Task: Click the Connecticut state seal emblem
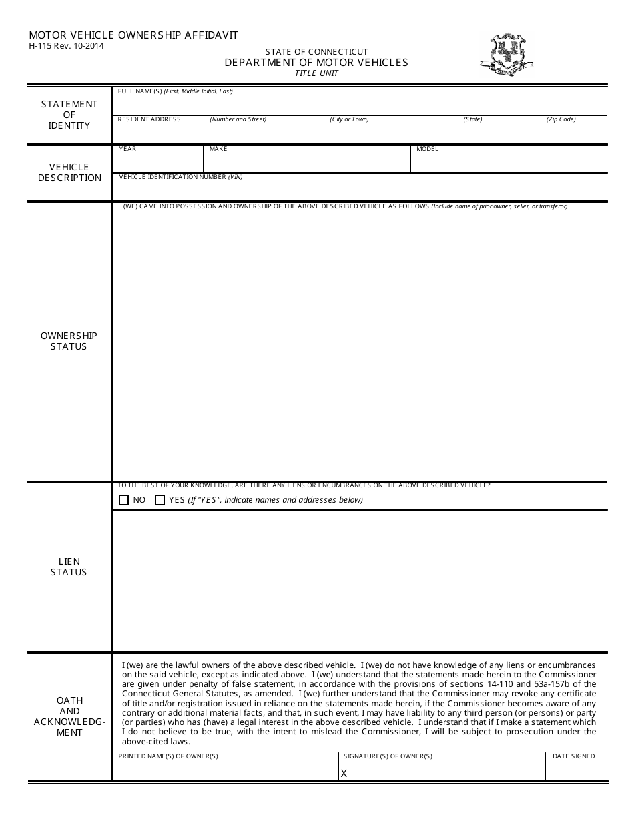(505, 55)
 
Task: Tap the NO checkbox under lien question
(123, 500)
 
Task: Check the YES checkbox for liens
(160, 500)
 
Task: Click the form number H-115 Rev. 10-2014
(66, 46)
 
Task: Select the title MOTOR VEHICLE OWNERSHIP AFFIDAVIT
(133, 35)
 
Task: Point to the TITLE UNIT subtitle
(316, 73)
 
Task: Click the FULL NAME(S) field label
(175, 91)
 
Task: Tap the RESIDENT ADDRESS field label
(149, 119)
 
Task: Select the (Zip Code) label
(561, 119)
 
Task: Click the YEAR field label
(127, 149)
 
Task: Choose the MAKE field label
(218, 149)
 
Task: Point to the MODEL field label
(427, 149)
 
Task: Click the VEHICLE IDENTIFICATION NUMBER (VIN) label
(180, 177)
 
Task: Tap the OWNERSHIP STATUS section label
(69, 341)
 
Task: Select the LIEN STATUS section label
(69, 567)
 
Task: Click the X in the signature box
(344, 773)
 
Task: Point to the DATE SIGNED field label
(573, 756)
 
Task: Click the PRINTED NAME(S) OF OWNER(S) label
(168, 756)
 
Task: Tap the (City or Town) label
(349, 119)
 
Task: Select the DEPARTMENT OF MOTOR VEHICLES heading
(316, 62)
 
